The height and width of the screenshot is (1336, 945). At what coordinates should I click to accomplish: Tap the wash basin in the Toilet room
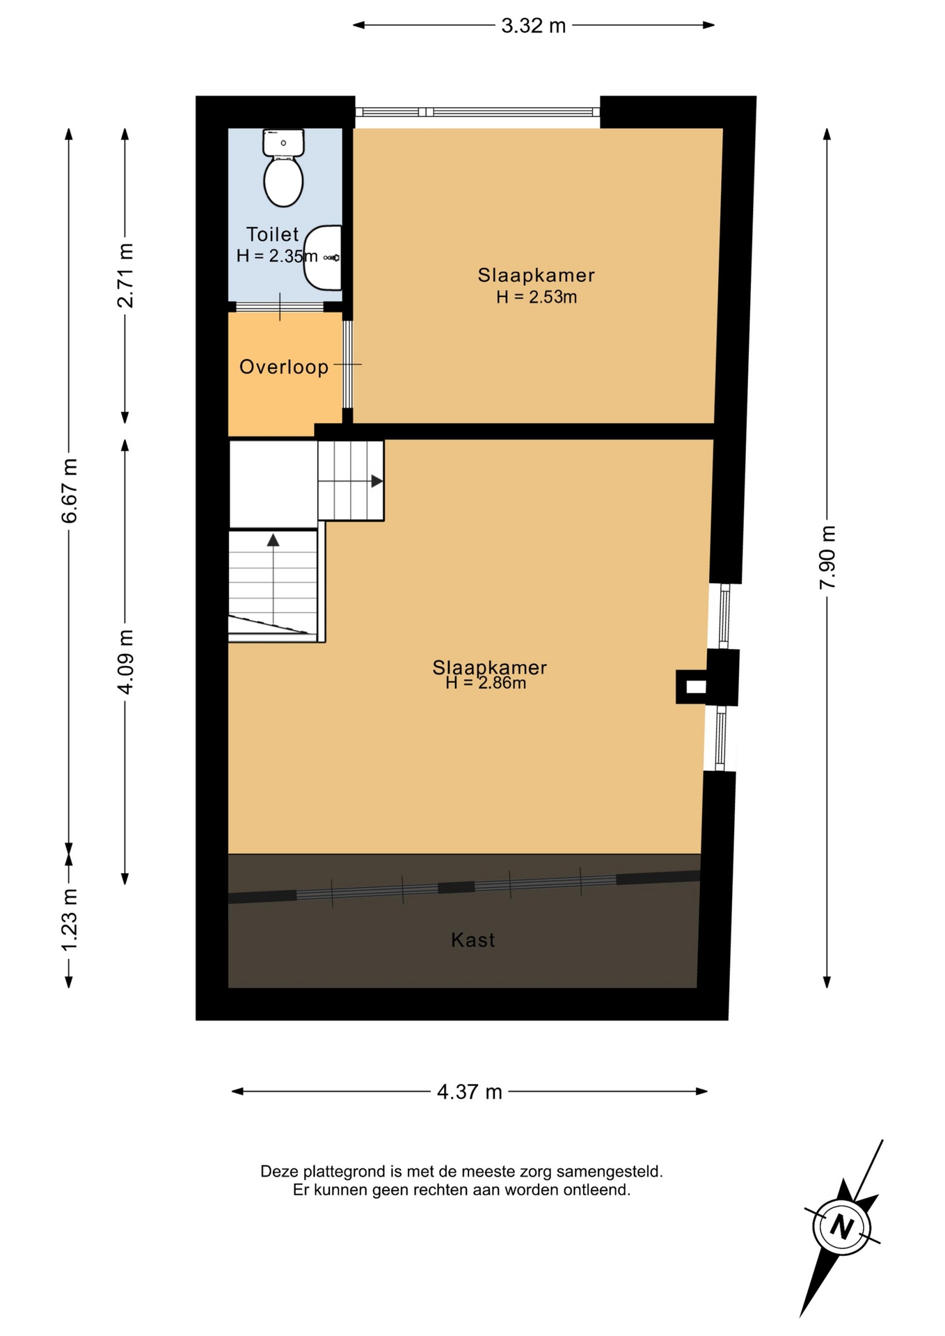[323, 257]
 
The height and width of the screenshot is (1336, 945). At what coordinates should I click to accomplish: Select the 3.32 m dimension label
[534, 26]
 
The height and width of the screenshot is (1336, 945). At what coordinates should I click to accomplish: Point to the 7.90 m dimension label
[827, 557]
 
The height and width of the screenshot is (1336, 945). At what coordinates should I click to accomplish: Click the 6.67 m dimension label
[69, 491]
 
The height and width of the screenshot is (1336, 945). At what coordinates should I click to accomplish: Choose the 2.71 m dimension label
[125, 276]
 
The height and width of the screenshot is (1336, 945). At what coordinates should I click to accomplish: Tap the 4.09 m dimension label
[125, 662]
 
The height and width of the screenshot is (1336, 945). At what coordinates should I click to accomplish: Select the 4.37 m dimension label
[470, 1092]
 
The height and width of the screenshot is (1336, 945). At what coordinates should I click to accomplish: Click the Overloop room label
[284, 367]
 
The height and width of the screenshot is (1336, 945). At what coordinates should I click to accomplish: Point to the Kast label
[473, 940]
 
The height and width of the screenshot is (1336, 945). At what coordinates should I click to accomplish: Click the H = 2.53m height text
[537, 297]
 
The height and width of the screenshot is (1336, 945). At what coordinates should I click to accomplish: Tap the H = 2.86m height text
[486, 683]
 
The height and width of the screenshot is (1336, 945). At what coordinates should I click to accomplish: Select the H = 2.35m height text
[277, 256]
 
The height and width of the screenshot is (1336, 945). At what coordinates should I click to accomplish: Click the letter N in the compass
[842, 1226]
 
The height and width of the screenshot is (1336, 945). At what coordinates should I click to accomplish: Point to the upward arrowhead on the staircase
[273, 540]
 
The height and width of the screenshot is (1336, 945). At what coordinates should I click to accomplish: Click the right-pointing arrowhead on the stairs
[376, 481]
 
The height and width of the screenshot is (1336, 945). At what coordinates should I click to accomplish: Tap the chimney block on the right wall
[707, 677]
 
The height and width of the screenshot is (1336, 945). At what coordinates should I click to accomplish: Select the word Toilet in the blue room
[272, 234]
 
